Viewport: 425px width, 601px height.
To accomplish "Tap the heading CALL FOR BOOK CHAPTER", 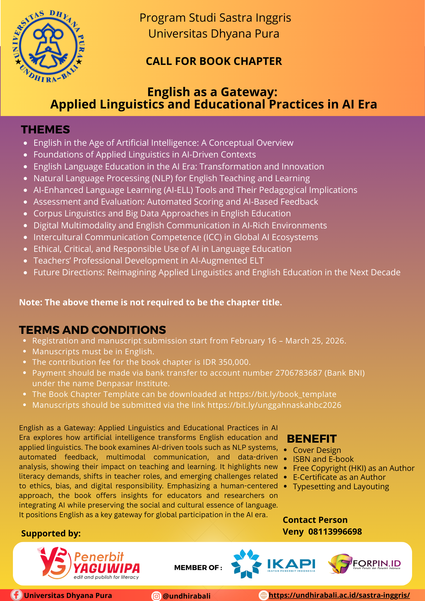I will [214, 61].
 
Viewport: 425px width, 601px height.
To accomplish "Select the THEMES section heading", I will [45, 130].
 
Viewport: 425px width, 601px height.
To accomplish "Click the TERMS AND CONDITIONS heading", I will [93, 330].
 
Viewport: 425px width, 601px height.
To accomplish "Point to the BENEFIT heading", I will [312, 439].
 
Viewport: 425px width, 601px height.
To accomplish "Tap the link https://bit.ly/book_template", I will [283, 394].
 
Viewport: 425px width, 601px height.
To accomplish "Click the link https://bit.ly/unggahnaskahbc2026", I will [274, 405].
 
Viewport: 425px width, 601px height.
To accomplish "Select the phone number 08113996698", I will [335, 532].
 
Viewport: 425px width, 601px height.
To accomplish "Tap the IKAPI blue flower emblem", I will [246, 564].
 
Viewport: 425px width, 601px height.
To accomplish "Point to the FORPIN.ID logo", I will [364, 564].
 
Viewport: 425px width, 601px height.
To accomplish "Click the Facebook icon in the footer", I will [16, 595].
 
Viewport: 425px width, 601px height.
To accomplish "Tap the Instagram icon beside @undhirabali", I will [156, 596].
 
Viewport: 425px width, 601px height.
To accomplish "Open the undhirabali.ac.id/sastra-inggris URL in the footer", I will [339, 595].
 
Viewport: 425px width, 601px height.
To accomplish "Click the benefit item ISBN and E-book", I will [323, 459].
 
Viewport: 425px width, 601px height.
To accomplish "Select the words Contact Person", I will [315, 520].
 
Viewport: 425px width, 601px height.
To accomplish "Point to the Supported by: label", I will [51, 533].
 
